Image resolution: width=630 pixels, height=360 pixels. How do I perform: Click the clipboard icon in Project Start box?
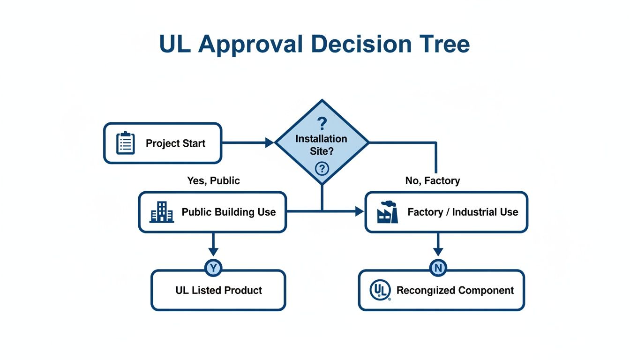tap(125, 143)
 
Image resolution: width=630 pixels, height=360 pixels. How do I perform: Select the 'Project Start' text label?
tap(175, 143)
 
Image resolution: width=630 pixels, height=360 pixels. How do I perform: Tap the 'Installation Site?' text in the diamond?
tap(322, 145)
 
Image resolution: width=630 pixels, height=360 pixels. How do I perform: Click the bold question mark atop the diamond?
tap(322, 124)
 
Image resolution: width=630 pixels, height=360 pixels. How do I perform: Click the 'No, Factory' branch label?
tap(432, 181)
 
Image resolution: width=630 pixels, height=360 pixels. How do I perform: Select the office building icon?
tap(161, 212)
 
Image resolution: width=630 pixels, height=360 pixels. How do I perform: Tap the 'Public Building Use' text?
tap(229, 212)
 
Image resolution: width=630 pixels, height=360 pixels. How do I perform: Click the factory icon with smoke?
tap(388, 212)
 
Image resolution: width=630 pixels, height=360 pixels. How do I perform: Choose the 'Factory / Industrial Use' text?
tap(463, 212)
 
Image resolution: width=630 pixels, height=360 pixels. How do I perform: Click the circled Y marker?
tap(213, 268)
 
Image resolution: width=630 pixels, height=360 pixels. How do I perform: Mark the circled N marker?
tap(438, 268)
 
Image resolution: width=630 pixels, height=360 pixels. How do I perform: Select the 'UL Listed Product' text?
tap(218, 290)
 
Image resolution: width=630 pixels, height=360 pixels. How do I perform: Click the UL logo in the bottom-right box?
tap(380, 290)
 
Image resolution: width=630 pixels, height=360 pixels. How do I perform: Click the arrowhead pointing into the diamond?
tap(270, 142)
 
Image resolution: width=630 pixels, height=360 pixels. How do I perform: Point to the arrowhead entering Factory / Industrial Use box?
tap(360, 212)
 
